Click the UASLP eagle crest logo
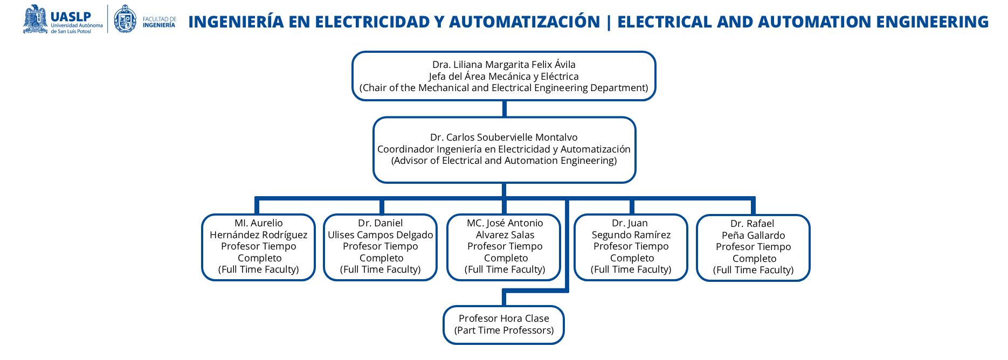click(x=36, y=19)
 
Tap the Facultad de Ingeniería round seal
click(x=126, y=19)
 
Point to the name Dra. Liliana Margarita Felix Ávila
click(x=503, y=65)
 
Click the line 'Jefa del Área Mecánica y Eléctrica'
click(x=503, y=77)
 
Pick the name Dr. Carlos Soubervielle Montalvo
click(x=503, y=137)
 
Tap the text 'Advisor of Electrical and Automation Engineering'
click(x=503, y=161)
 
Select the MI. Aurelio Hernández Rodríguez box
click(x=258, y=247)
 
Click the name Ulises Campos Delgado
click(x=381, y=235)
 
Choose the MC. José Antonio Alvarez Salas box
click(x=504, y=247)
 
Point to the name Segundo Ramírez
click(x=631, y=235)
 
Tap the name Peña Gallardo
click(x=753, y=236)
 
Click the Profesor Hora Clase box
click(x=503, y=324)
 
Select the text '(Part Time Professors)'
click(x=503, y=330)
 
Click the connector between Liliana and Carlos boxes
click(x=504, y=109)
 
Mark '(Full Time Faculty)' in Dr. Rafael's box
click(x=753, y=270)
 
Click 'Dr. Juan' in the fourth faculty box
click(x=630, y=223)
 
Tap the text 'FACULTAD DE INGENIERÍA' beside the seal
click(x=159, y=22)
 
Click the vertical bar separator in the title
click(x=609, y=22)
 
